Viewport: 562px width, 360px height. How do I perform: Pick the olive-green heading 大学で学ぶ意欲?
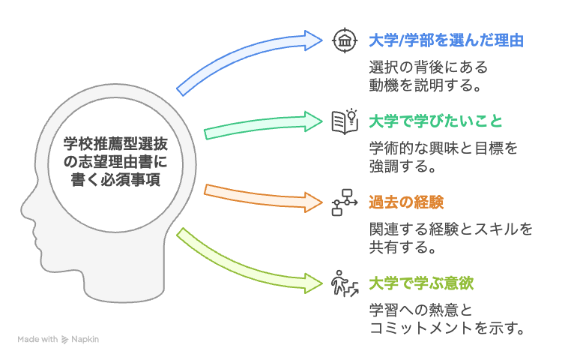[421, 283]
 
